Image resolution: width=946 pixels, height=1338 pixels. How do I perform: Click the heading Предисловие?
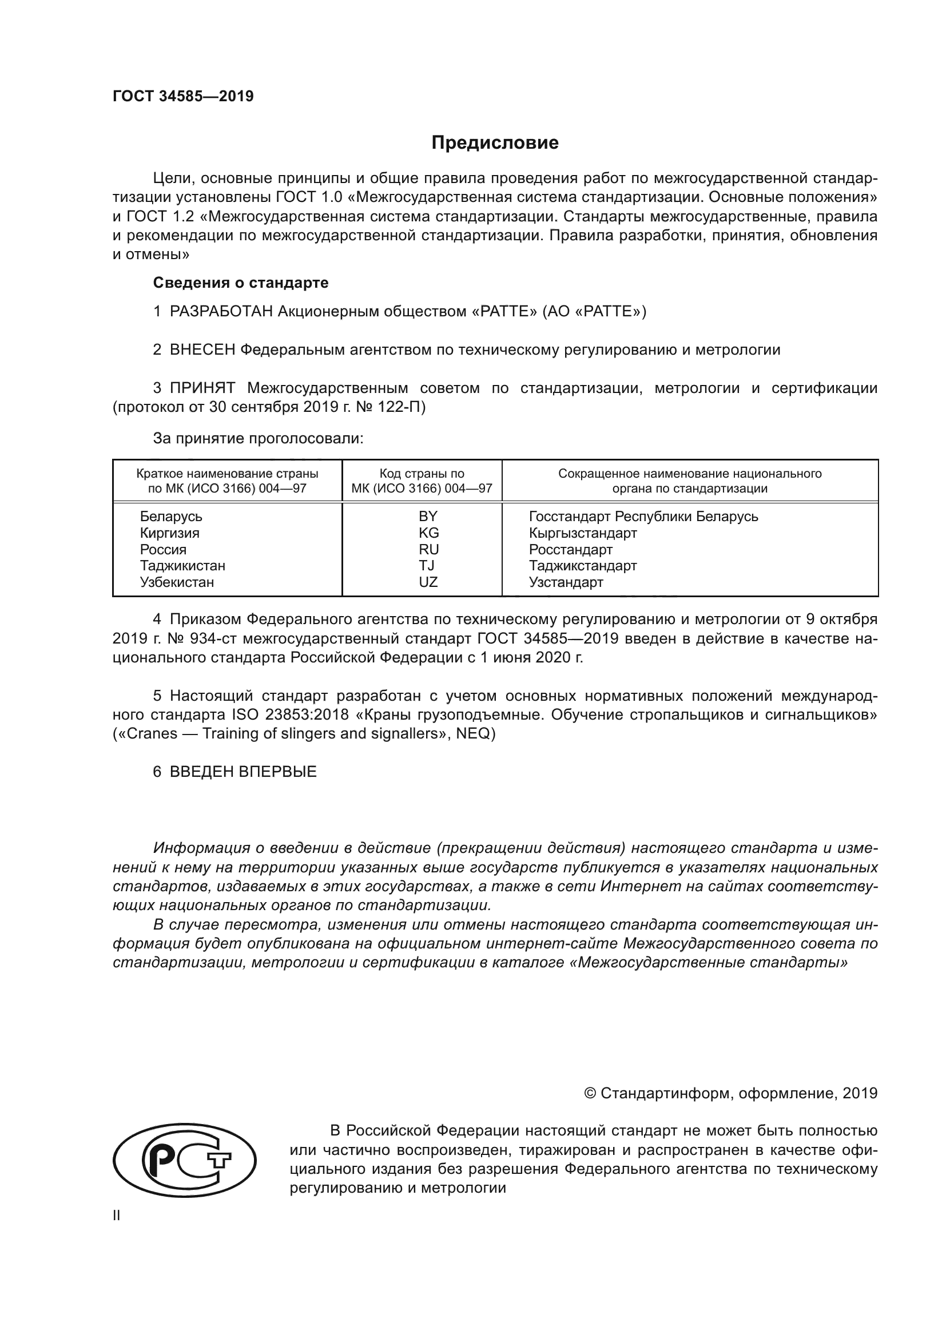click(495, 143)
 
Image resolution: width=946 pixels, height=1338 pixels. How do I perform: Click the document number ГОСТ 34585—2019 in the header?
click(183, 97)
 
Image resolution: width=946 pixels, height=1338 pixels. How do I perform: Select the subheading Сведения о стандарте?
click(241, 283)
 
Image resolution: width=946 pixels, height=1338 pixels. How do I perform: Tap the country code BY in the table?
click(428, 517)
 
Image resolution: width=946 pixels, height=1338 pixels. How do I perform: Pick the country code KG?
click(428, 533)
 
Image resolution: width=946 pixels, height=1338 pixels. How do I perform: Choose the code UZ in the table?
click(428, 582)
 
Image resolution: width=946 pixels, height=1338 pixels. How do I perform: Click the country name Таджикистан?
click(182, 565)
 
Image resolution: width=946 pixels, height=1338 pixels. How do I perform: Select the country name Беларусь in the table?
click(170, 517)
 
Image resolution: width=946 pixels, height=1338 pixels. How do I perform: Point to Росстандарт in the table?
click(570, 549)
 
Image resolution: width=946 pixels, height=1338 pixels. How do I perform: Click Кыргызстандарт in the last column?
click(582, 533)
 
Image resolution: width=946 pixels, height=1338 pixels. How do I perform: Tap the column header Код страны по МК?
click(422, 481)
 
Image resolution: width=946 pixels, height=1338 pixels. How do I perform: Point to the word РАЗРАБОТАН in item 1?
click(221, 312)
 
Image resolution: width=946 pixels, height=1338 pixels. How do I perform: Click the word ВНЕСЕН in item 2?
click(202, 350)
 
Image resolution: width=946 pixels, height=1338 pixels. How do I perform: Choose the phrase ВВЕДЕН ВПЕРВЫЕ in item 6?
click(243, 772)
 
